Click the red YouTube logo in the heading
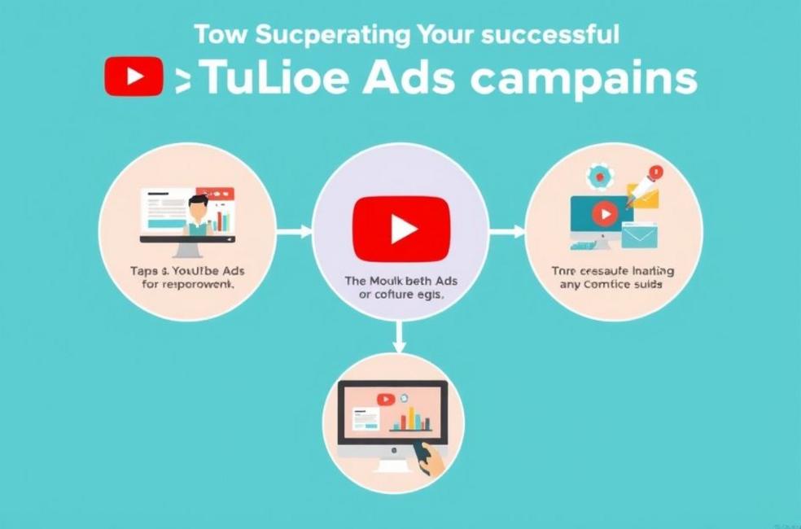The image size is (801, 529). (135, 77)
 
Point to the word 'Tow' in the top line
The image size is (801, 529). (219, 35)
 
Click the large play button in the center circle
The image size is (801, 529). (400, 229)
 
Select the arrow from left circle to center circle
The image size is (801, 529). (294, 232)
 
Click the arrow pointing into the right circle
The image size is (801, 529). (507, 232)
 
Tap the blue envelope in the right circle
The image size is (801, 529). (639, 236)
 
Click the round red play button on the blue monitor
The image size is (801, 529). (604, 214)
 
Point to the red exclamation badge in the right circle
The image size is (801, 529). (656, 172)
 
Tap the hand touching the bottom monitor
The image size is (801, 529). (429, 460)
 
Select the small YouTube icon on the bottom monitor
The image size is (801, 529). (385, 399)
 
